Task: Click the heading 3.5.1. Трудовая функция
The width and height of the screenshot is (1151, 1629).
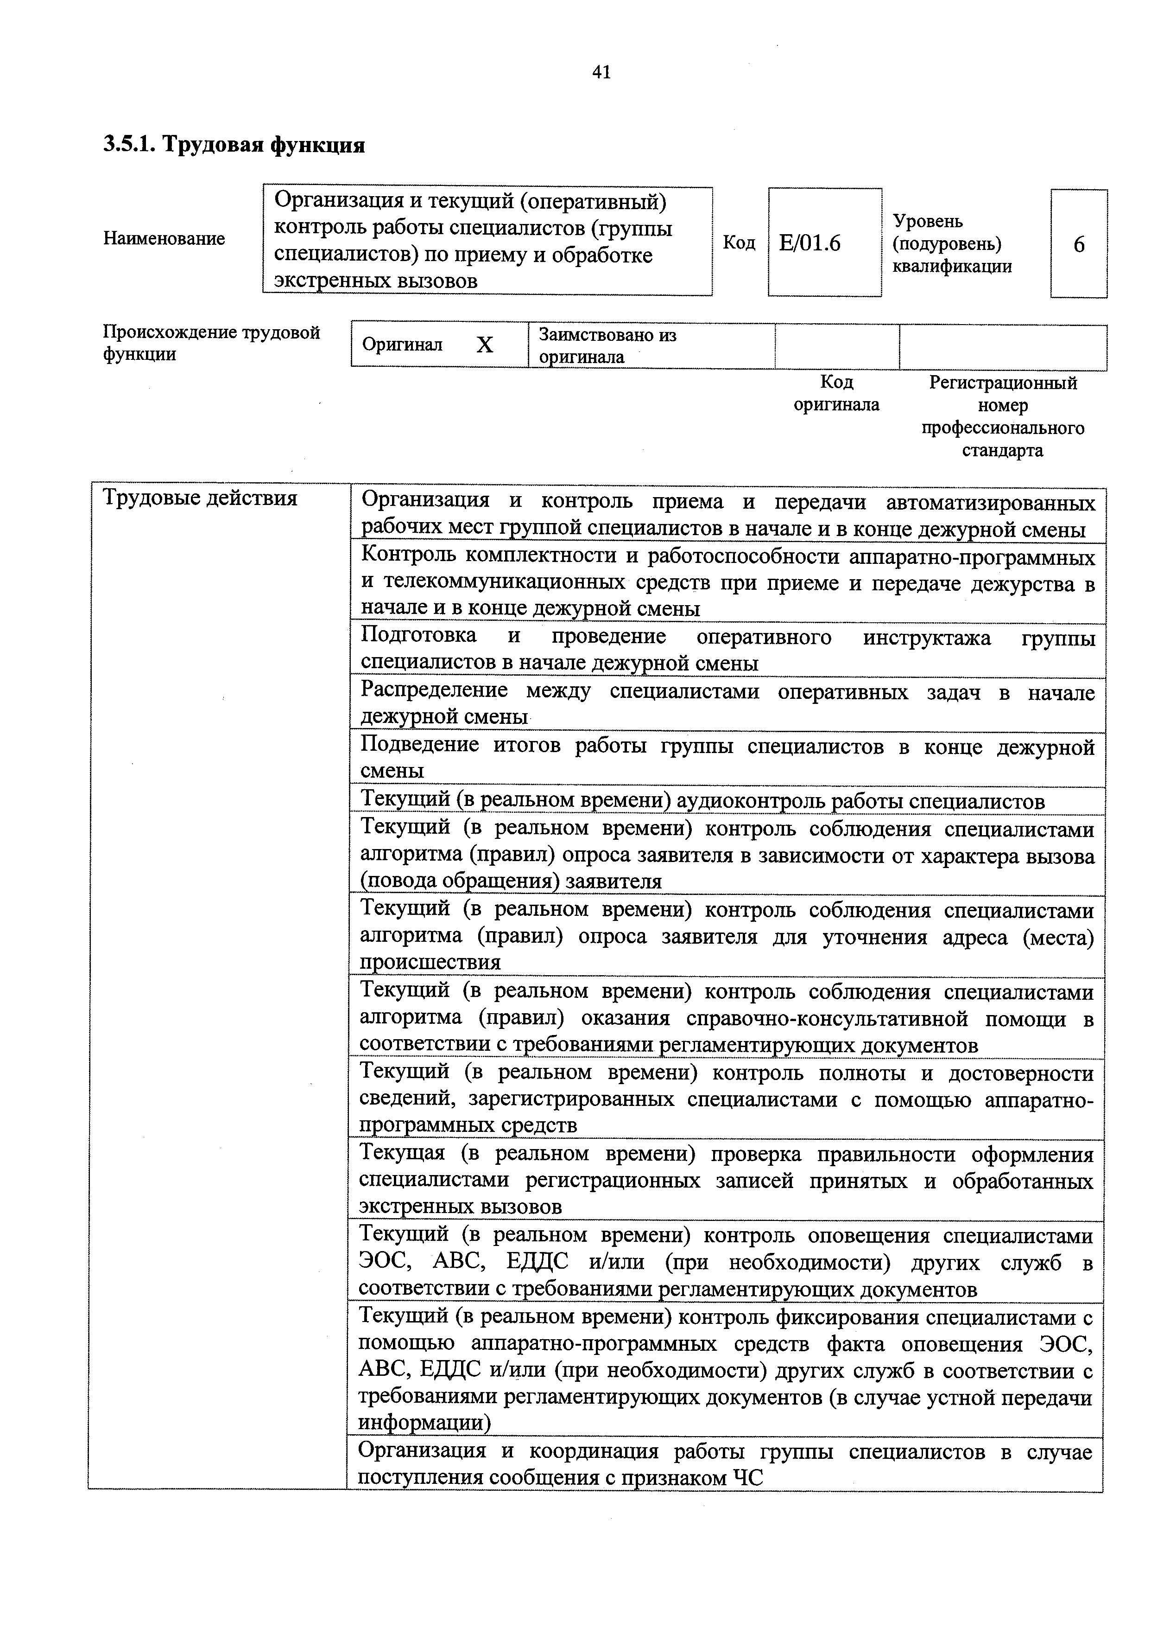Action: (x=234, y=145)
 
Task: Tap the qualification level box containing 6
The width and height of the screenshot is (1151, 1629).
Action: (x=1079, y=244)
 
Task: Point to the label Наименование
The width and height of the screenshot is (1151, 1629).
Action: (x=164, y=238)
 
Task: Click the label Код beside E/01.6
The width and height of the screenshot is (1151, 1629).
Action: (x=739, y=243)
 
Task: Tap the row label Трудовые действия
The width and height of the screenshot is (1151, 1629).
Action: (x=201, y=498)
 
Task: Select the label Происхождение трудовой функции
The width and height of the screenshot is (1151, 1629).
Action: (x=211, y=343)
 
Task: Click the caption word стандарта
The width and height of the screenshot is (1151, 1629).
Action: (x=1002, y=451)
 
